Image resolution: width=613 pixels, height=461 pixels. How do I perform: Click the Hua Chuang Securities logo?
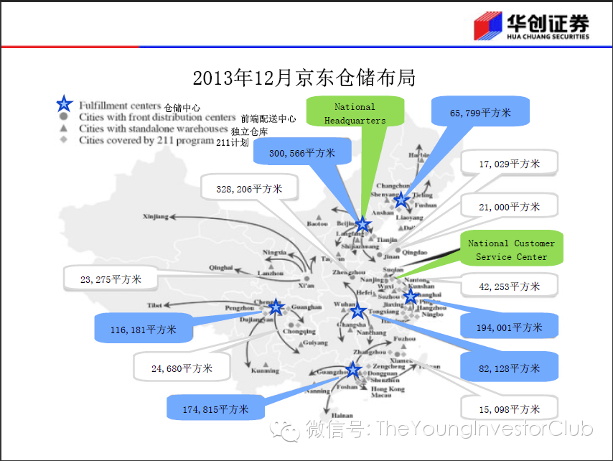(x=530, y=27)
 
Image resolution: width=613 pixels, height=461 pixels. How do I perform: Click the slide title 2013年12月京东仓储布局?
(x=304, y=78)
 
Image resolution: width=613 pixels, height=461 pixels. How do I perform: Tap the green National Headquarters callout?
(x=355, y=113)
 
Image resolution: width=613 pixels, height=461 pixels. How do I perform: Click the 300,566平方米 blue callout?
(x=301, y=153)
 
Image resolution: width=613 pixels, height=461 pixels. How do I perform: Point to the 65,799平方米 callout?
(x=480, y=113)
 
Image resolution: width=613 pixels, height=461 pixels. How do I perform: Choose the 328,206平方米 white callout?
(x=249, y=190)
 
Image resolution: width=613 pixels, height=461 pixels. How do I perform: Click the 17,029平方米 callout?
(x=509, y=164)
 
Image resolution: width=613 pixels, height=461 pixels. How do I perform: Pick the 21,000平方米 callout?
(x=509, y=207)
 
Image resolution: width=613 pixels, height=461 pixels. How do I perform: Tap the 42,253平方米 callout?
(x=509, y=287)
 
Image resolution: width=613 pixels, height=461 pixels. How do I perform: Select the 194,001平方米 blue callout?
(x=509, y=327)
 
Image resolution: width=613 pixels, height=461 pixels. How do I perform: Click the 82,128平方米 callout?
(x=509, y=368)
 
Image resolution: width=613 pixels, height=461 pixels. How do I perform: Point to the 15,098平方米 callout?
(x=509, y=409)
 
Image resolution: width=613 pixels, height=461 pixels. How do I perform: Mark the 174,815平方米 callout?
(x=215, y=409)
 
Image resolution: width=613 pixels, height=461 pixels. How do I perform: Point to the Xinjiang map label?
(x=155, y=215)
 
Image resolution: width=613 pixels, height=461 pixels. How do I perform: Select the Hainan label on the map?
(x=342, y=416)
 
